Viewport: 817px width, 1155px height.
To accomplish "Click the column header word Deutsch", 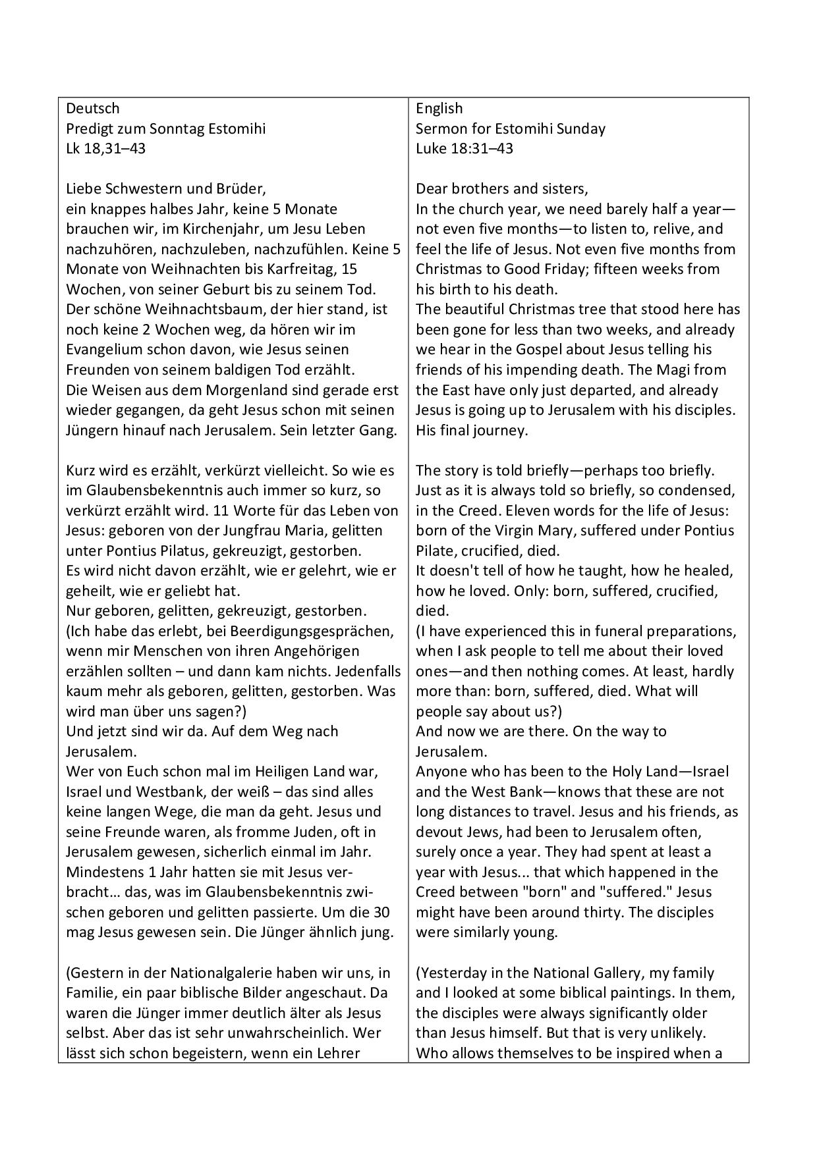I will coord(93,108).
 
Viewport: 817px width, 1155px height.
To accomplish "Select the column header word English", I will coord(439,108).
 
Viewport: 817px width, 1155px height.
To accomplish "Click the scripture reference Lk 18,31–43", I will coord(106,148).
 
